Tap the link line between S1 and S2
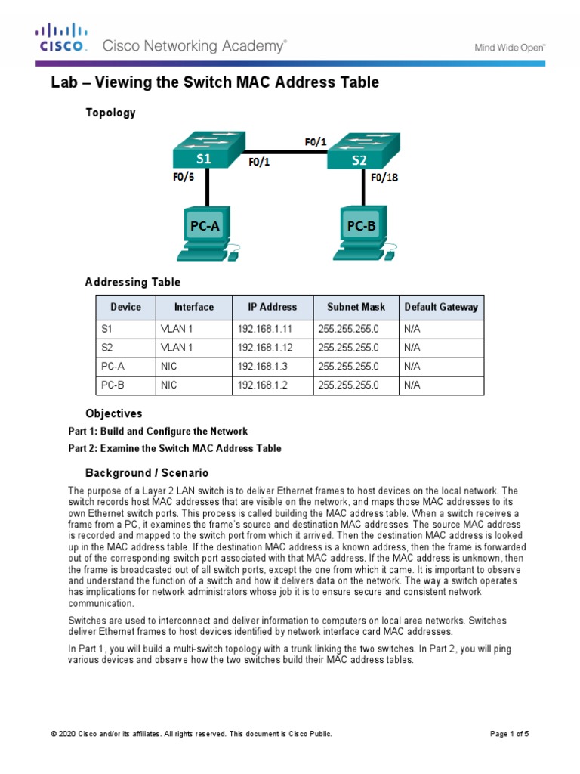coord(286,150)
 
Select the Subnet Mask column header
coord(356,307)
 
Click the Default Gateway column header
coord(441,307)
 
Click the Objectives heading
coord(113,413)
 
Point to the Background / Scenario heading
coord(141,472)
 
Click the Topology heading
coord(110,113)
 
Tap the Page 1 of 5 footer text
coord(510,734)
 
